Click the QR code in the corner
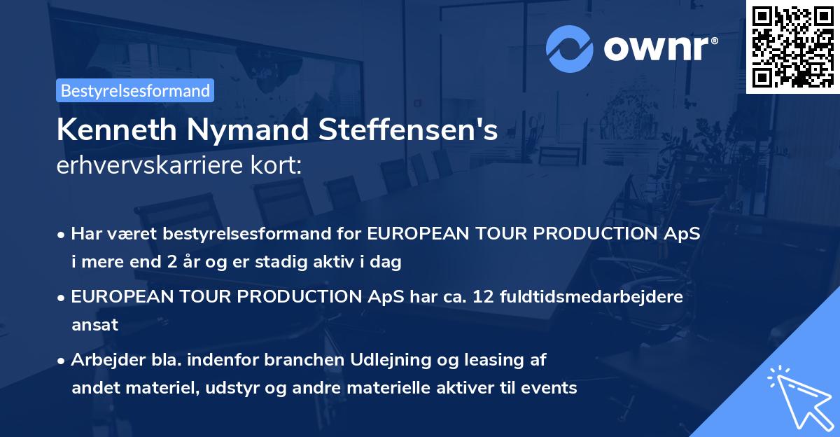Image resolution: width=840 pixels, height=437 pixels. point(792,46)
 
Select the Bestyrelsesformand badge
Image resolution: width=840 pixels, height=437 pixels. point(135,90)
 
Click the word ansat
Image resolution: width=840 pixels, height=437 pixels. point(94,325)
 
